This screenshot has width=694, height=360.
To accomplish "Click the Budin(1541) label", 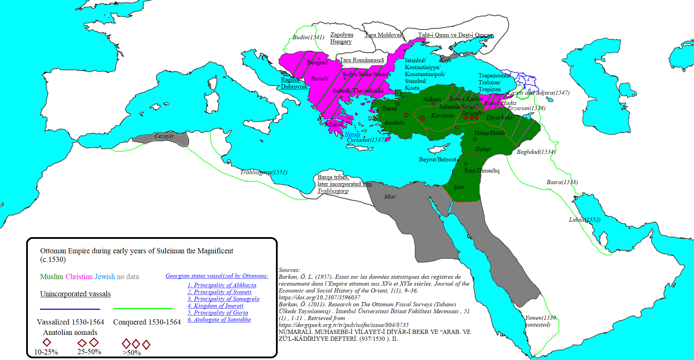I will (x=308, y=37).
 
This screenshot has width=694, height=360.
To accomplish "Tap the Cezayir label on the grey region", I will (x=164, y=136).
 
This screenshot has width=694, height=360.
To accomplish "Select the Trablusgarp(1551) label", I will (x=264, y=172).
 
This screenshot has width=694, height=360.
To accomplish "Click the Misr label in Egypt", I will (x=390, y=197).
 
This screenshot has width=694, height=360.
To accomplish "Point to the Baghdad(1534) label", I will (x=536, y=152).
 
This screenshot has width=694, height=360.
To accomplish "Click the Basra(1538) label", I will (x=562, y=182).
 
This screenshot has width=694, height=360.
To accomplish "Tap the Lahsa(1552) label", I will (x=584, y=220).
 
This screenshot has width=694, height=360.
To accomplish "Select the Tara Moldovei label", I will (x=383, y=35).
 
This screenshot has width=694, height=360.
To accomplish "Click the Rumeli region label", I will (x=319, y=78).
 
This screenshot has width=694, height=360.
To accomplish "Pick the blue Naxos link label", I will (x=352, y=134).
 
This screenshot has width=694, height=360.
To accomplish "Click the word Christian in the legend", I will (x=79, y=277).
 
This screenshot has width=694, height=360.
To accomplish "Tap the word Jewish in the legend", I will (x=105, y=277).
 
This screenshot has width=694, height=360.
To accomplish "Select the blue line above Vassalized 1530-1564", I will (x=70, y=309).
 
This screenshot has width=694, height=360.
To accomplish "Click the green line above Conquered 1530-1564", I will (x=143, y=309).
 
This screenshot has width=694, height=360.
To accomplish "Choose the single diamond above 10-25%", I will (x=47, y=342).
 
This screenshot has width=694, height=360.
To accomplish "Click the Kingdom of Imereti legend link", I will (x=215, y=306).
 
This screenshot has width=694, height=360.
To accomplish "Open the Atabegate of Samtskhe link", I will (x=219, y=319).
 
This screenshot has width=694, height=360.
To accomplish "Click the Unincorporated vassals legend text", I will (x=75, y=294).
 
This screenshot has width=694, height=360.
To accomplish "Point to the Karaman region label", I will (x=442, y=115).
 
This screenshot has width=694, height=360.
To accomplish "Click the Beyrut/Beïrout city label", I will (x=437, y=160).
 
